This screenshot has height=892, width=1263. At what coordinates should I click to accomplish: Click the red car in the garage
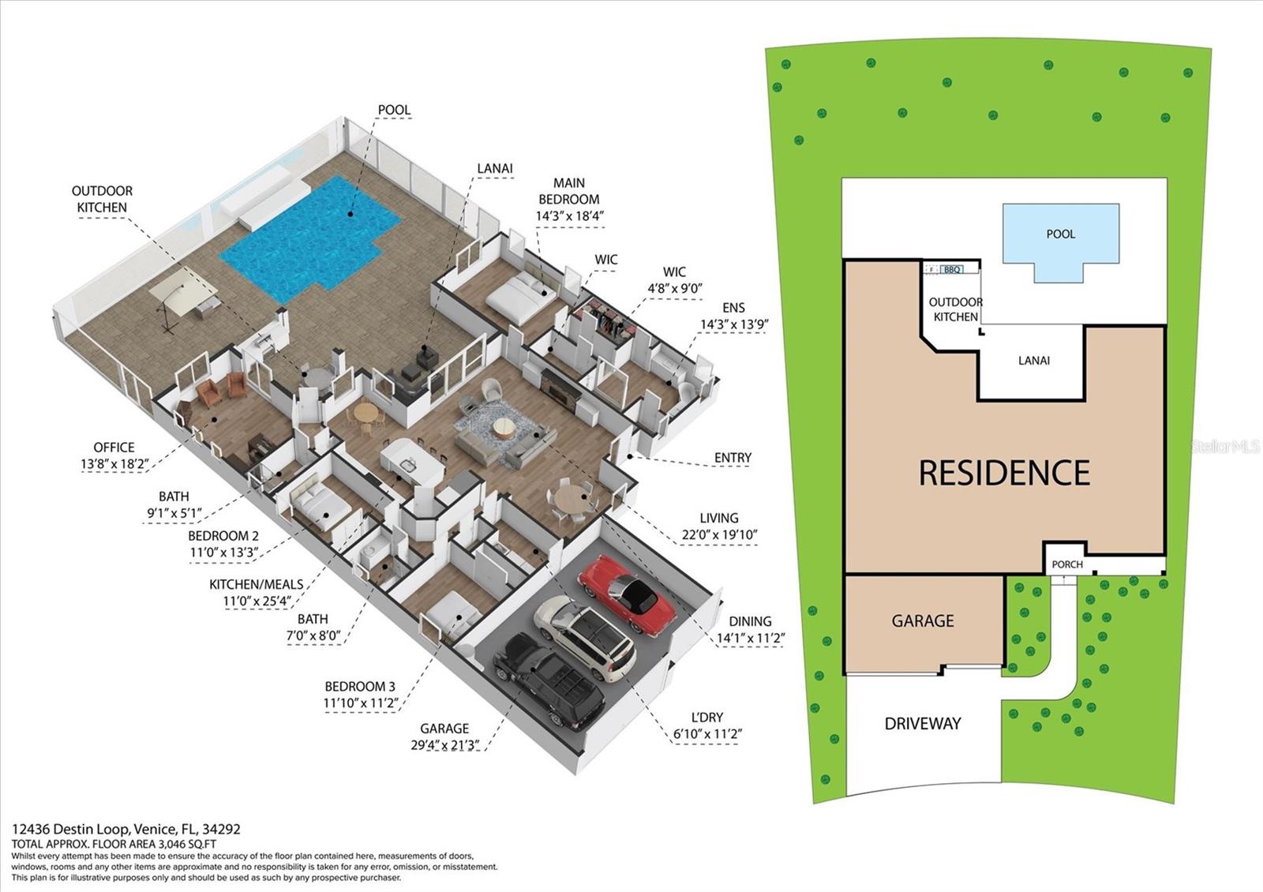(626, 594)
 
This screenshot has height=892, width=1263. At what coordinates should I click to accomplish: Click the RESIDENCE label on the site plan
(1004, 473)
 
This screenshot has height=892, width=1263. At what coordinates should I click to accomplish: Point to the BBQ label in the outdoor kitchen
(952, 270)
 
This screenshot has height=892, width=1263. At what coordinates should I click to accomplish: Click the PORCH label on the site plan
(1067, 564)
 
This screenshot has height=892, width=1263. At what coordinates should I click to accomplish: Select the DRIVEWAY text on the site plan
(922, 723)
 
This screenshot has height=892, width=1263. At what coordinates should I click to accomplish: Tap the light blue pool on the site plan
(1060, 234)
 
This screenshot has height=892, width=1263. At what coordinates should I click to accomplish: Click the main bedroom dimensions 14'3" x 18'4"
(569, 216)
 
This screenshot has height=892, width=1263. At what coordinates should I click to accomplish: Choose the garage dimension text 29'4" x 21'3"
(444, 744)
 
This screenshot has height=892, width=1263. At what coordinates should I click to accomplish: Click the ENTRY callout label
(733, 458)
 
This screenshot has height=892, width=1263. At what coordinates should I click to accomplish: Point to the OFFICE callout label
(114, 448)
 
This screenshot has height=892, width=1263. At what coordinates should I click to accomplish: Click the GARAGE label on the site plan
(922, 621)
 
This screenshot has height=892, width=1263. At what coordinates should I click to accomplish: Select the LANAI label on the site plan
(1033, 361)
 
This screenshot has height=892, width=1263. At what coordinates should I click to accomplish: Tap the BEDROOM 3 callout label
(359, 687)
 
